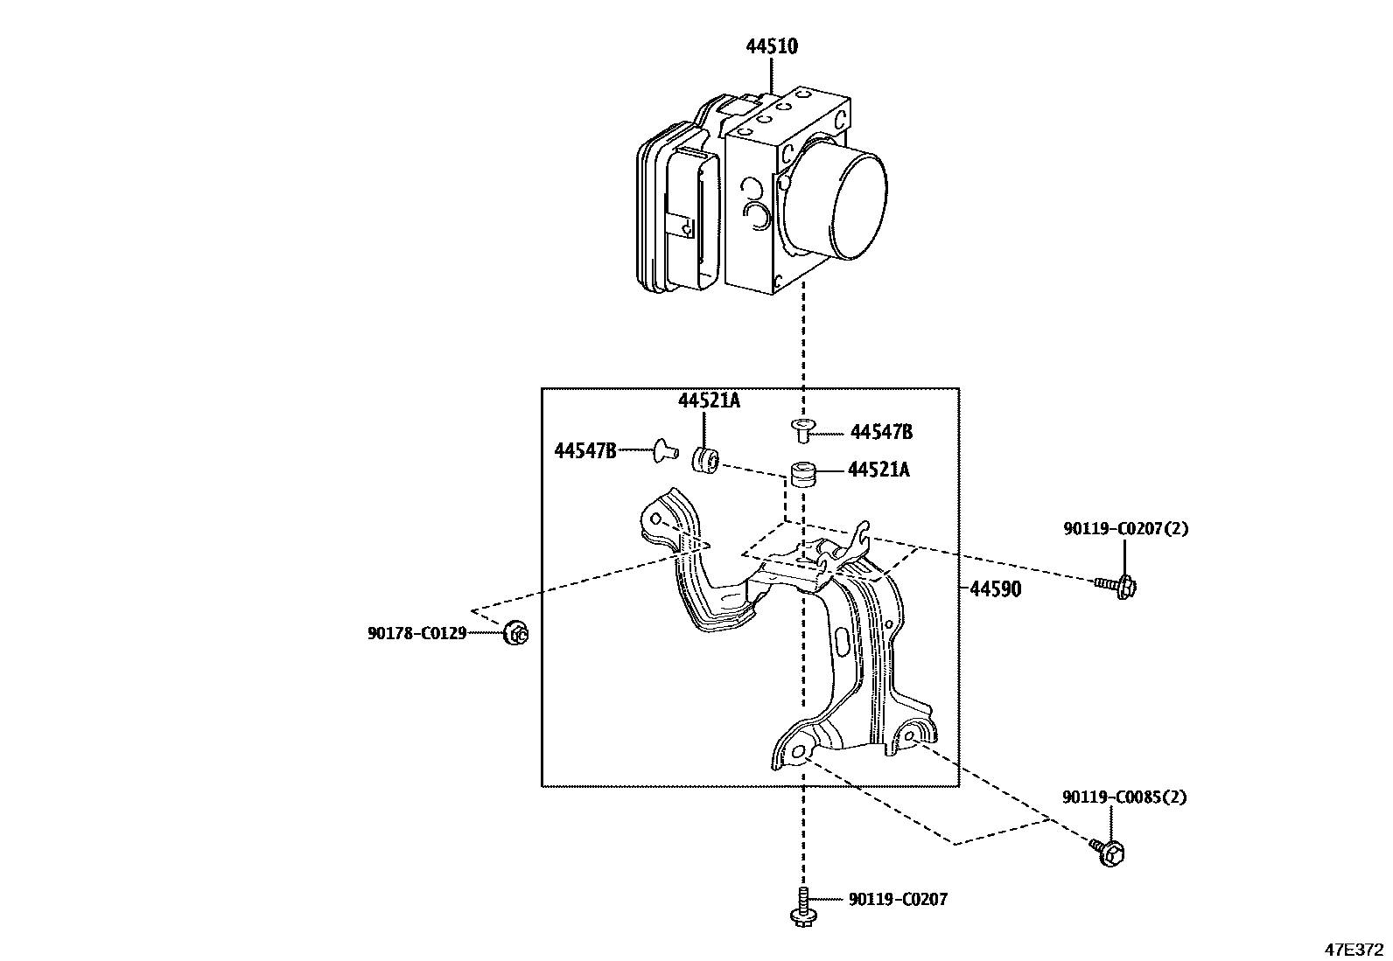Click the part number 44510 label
tap(772, 46)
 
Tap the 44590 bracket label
tap(996, 588)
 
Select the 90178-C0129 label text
tap(416, 633)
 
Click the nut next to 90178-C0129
tap(516, 633)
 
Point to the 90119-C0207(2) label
tap(1125, 528)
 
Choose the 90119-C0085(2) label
tap(1124, 797)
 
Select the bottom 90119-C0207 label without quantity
tap(898, 900)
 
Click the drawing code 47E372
tap(1354, 950)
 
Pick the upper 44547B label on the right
tap(881, 432)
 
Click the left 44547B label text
tap(585, 450)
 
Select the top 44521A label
tap(709, 401)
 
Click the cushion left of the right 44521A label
tap(803, 474)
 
